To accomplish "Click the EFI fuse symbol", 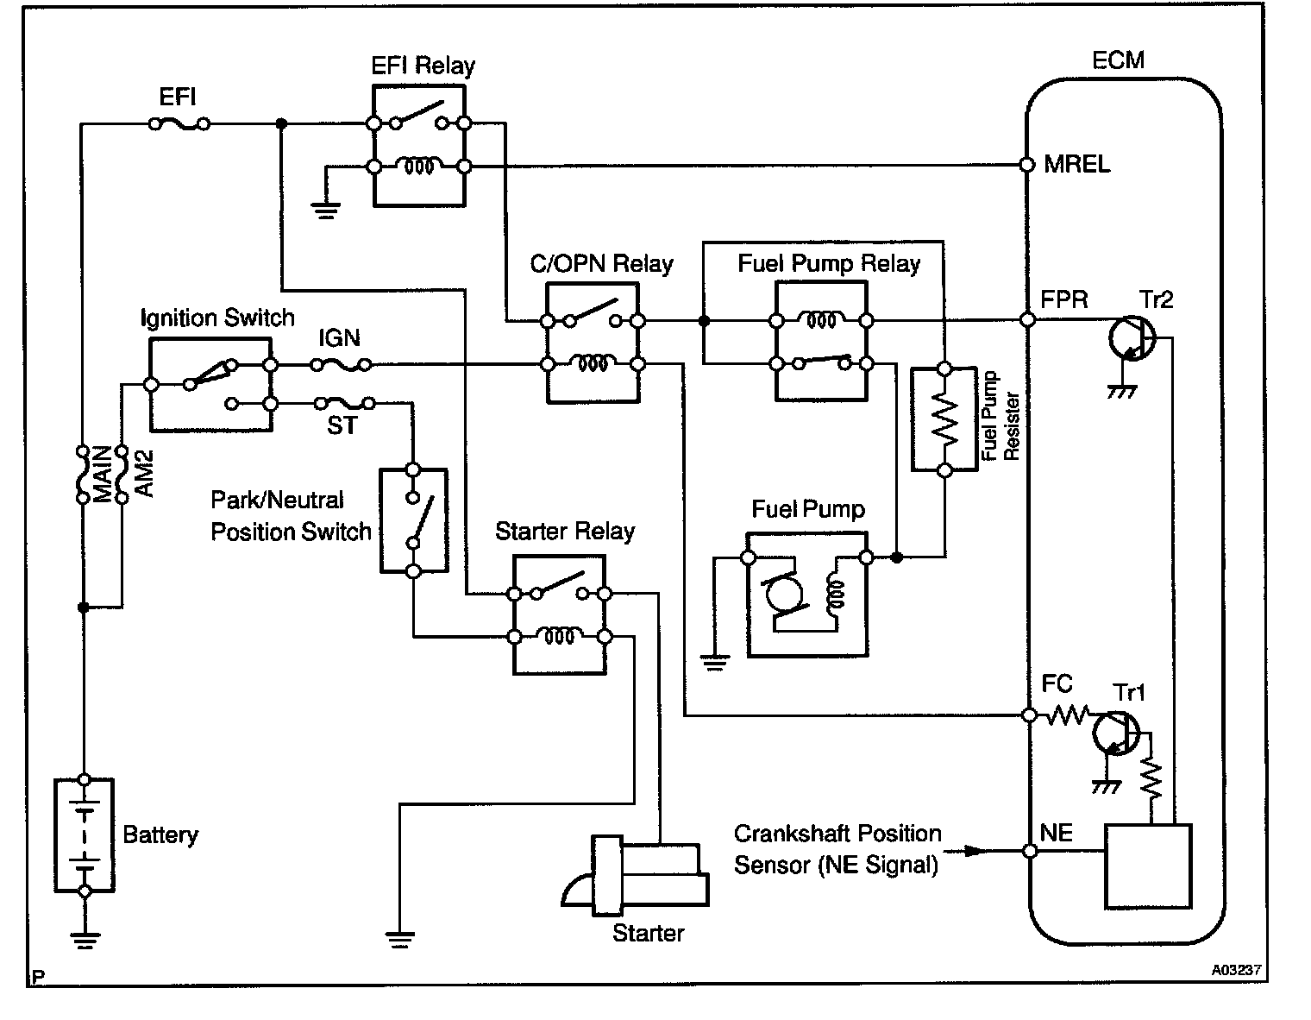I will click(179, 124).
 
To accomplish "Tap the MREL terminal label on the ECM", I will click(1076, 164).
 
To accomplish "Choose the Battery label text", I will click(160, 834).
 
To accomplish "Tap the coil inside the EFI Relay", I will click(419, 166).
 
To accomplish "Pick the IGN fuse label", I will click(339, 338).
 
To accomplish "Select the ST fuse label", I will click(342, 425).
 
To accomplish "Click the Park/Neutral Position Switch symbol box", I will click(413, 520).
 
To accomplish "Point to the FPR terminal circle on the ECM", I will click(1027, 320).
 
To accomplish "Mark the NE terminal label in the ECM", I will click(1057, 833).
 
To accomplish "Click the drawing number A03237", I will click(1236, 970).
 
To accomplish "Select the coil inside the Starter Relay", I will click(559, 637).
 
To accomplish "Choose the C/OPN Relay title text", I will click(601, 263).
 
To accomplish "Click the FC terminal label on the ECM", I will click(1057, 684).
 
